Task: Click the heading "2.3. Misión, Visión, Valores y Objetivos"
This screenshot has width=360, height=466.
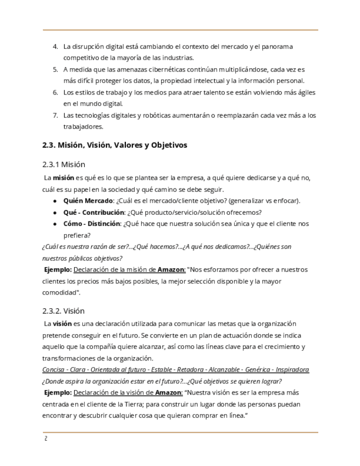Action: (x=114, y=145)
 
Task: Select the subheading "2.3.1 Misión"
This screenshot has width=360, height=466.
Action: (x=63, y=164)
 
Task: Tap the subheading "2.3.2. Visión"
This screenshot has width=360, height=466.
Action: (x=63, y=311)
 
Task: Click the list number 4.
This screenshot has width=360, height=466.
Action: (x=55, y=46)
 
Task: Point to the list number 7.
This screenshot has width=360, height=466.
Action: (x=55, y=115)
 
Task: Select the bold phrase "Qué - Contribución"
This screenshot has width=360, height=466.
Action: (x=94, y=212)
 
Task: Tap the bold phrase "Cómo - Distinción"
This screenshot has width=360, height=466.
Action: (x=92, y=224)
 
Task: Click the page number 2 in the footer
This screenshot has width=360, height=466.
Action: (x=46, y=439)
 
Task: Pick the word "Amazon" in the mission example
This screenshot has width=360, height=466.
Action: (x=171, y=270)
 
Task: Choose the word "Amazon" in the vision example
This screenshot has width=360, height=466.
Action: (x=168, y=392)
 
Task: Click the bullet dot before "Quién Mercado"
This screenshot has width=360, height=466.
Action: (x=56, y=201)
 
